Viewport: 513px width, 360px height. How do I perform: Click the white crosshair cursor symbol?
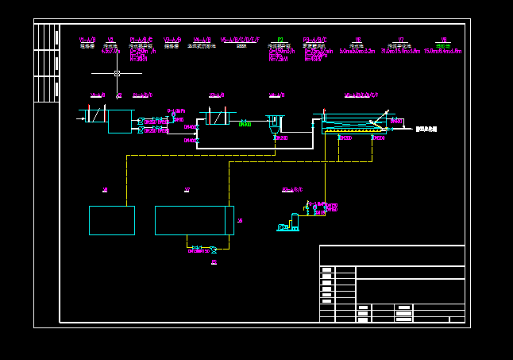[x=117, y=73]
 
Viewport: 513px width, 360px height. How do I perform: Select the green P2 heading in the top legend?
[x=280, y=40]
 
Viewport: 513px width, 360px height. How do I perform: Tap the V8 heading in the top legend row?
[x=444, y=40]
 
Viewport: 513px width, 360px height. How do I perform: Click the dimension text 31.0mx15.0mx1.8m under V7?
[x=401, y=51]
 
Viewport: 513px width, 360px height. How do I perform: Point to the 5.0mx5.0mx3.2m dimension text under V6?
[x=357, y=51]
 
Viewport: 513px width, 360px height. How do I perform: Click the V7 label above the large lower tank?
[x=187, y=189]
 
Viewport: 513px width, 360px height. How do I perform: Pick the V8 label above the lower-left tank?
[x=105, y=189]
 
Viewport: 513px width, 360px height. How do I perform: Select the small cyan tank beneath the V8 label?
[x=112, y=220]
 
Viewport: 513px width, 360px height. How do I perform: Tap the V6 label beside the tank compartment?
[x=240, y=220]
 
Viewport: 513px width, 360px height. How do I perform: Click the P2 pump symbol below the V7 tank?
[x=213, y=250]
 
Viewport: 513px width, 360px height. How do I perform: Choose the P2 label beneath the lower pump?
[x=214, y=261]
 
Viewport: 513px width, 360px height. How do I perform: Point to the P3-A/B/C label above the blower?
[x=292, y=190]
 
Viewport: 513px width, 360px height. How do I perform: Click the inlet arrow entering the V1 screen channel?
[x=80, y=119]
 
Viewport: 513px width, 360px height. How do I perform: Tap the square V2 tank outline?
[x=121, y=121]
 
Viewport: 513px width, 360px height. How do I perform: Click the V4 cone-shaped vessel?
[x=275, y=123]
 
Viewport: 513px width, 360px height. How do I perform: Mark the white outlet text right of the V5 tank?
[x=426, y=129]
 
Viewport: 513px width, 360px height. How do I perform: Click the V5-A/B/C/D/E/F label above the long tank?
[x=361, y=95]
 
